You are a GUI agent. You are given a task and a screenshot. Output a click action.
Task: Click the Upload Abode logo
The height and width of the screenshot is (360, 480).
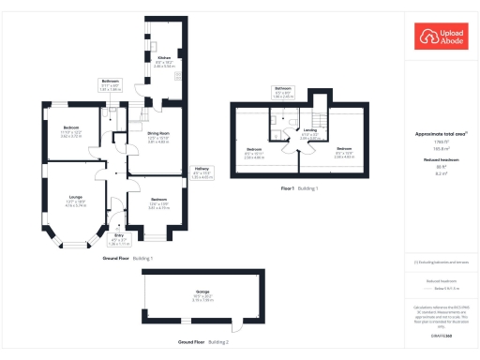pyautogui.click(x=439, y=37)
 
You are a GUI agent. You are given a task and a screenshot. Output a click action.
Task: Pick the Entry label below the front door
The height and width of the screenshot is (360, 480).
pyautogui.click(x=117, y=238)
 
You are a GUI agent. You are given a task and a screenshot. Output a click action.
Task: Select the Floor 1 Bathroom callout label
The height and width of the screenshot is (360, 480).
pyautogui.click(x=284, y=92)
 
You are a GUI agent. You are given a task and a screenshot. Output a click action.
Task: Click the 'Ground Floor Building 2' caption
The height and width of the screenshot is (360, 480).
pyautogui.click(x=201, y=343)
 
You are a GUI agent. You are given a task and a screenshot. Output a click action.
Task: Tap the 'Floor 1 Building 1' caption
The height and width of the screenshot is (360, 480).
pyautogui.click(x=300, y=188)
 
